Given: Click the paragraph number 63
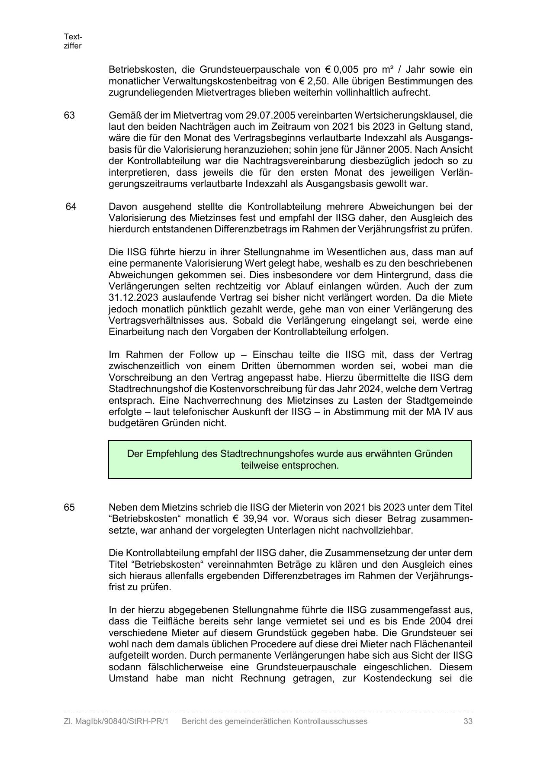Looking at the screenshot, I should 69,116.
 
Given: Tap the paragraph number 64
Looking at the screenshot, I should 71,206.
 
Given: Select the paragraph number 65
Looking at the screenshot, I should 69,507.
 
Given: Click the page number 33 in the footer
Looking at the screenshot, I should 468,721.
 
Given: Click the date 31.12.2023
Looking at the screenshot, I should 133,298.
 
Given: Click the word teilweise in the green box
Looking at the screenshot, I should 260,466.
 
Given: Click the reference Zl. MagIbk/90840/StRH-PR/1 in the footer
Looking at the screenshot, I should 116,721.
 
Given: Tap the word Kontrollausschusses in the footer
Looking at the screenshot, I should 330,721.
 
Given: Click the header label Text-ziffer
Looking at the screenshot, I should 73,42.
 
